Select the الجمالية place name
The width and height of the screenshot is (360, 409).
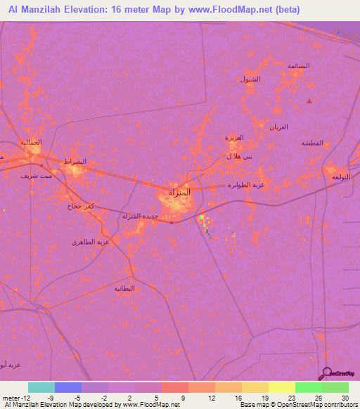pos(30,143)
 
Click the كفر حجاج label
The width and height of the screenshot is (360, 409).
pos(82,206)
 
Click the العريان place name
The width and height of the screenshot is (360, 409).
pos(278,126)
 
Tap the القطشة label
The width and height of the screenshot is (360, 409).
pos(311,143)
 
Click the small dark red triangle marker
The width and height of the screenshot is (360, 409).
pos(309,101)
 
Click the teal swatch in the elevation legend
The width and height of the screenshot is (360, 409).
pos(41,387)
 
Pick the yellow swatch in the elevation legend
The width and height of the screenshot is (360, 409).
pos(282,387)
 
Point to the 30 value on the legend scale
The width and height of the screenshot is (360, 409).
pos(345,398)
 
